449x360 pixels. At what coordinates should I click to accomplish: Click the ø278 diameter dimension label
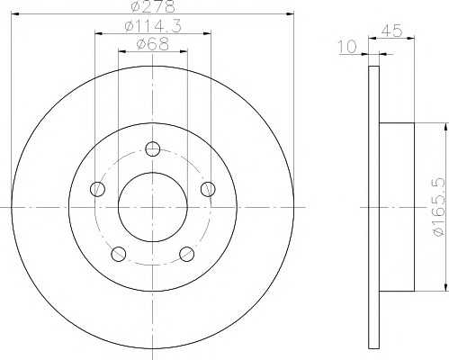153,6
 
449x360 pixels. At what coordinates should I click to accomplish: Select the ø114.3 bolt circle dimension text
153,26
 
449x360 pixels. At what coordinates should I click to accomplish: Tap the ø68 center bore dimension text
153,44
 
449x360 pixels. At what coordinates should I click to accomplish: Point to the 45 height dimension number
391,31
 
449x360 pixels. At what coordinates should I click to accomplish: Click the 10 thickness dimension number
348,47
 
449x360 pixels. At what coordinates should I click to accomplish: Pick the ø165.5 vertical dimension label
438,207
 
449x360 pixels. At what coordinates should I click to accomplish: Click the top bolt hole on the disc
153,148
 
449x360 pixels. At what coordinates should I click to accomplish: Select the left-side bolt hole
97,189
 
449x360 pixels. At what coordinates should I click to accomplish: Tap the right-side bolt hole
208,189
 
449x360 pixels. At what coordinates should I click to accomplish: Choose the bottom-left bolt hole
119,254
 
